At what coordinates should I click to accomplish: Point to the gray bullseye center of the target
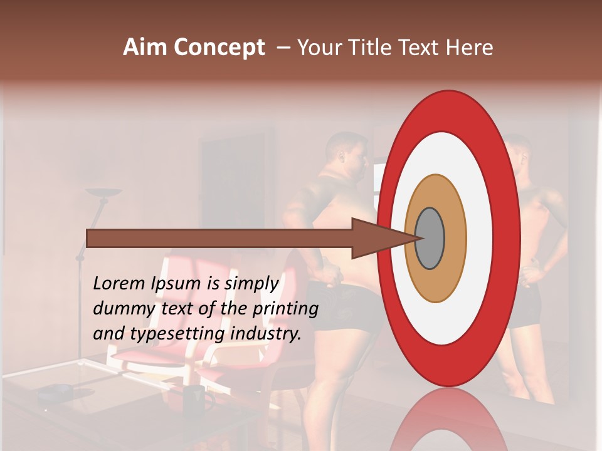[x=430, y=239]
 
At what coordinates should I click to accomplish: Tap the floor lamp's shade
[x=103, y=192]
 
